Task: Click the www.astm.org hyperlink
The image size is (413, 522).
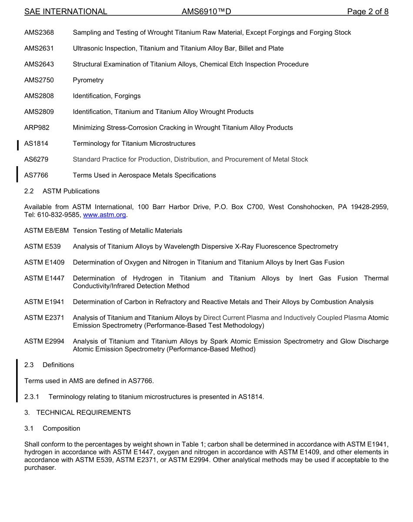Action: click(104, 215)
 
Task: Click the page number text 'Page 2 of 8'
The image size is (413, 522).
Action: click(368, 12)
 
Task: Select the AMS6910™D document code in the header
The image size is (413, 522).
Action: click(206, 12)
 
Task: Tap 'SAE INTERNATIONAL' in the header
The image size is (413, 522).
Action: click(66, 12)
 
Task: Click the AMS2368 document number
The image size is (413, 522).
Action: click(39, 33)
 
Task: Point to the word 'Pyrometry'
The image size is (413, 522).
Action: click(88, 80)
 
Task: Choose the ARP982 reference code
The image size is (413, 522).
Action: click(37, 128)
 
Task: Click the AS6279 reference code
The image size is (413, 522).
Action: click(37, 160)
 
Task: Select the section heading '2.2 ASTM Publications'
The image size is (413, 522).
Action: click(62, 191)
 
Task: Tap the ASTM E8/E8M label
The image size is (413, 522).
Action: click(47, 231)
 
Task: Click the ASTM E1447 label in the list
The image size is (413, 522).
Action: click(44, 278)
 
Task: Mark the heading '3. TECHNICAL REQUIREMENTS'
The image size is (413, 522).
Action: click(77, 413)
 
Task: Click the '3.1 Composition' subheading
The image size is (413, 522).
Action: click(52, 428)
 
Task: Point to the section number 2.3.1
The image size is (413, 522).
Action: click(32, 397)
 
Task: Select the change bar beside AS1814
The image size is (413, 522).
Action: click(18, 145)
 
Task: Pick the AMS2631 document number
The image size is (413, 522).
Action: click(39, 48)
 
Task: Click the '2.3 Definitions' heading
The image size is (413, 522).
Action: click(49, 365)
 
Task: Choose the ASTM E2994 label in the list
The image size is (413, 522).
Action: click(44, 341)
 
